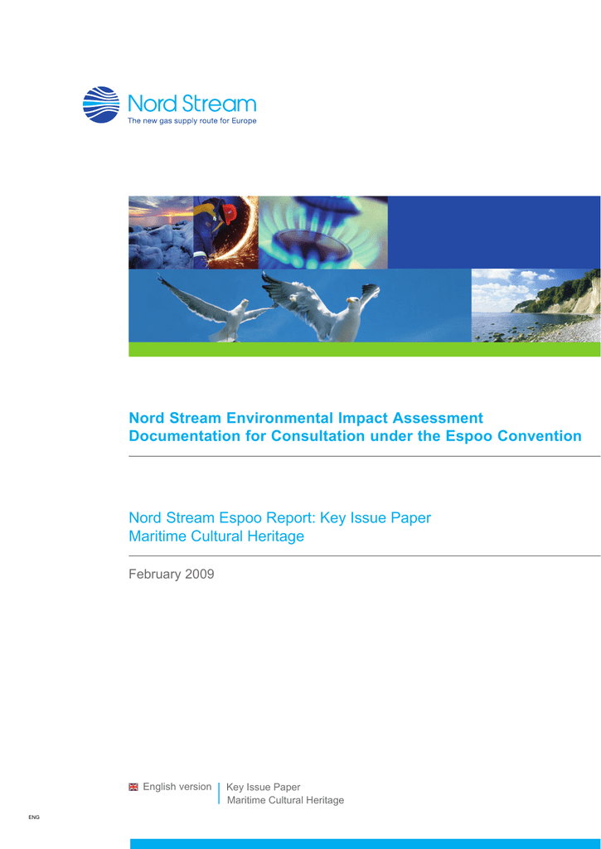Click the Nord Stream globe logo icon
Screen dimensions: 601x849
coord(101,104)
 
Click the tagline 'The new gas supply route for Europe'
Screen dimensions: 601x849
coord(191,121)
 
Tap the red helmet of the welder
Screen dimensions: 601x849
coord(230,215)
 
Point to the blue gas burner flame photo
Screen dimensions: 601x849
coord(323,232)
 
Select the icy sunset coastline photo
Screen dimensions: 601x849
coord(161,232)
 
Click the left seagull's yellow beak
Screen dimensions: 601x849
coord(245,301)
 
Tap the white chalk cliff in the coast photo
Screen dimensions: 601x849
coord(582,297)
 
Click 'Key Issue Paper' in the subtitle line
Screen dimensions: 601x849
coord(376,518)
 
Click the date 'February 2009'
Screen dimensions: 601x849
coord(172,574)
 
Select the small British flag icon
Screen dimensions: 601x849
coord(133,788)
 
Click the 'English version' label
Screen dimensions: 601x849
coord(177,787)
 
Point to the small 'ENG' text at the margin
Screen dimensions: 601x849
coord(34,817)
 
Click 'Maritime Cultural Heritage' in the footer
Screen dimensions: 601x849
coord(285,800)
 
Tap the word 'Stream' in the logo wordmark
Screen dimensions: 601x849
coord(219,104)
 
